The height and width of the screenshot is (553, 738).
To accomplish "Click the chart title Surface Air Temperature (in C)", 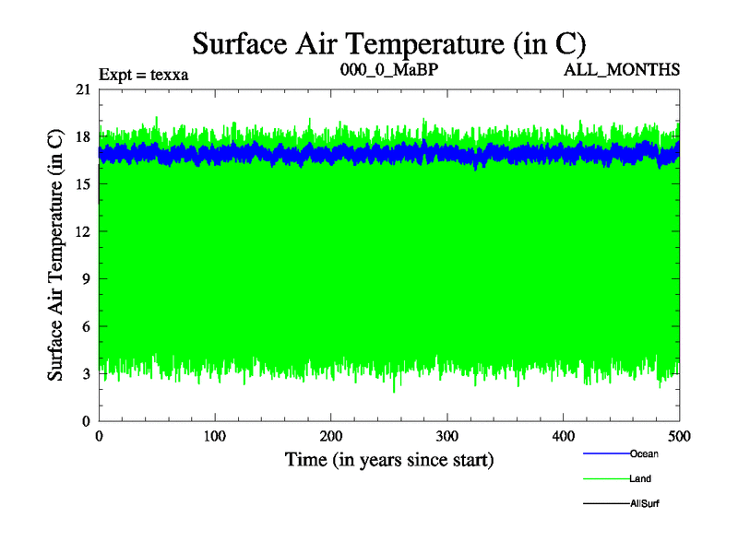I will pyautogui.click(x=389, y=43).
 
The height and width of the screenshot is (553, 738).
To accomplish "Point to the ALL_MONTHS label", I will pyautogui.click(x=622, y=69).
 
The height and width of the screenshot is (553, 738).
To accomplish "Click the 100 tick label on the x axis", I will pyautogui.click(x=215, y=436).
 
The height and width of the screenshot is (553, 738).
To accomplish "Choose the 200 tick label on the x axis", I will pyautogui.click(x=331, y=436).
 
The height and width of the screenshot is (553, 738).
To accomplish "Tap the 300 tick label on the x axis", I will pyautogui.click(x=447, y=436).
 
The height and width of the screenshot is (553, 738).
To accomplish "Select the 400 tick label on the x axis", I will pyautogui.click(x=564, y=436).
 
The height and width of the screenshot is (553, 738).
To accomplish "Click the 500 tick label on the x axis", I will pyautogui.click(x=680, y=436).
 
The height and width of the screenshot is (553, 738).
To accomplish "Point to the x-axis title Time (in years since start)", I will pyautogui.click(x=389, y=459).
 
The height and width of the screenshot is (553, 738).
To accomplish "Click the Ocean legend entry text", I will pyautogui.click(x=644, y=453).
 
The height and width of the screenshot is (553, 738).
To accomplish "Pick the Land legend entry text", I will pyautogui.click(x=640, y=478).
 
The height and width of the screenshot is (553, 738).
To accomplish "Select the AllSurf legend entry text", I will pyautogui.click(x=644, y=503).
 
